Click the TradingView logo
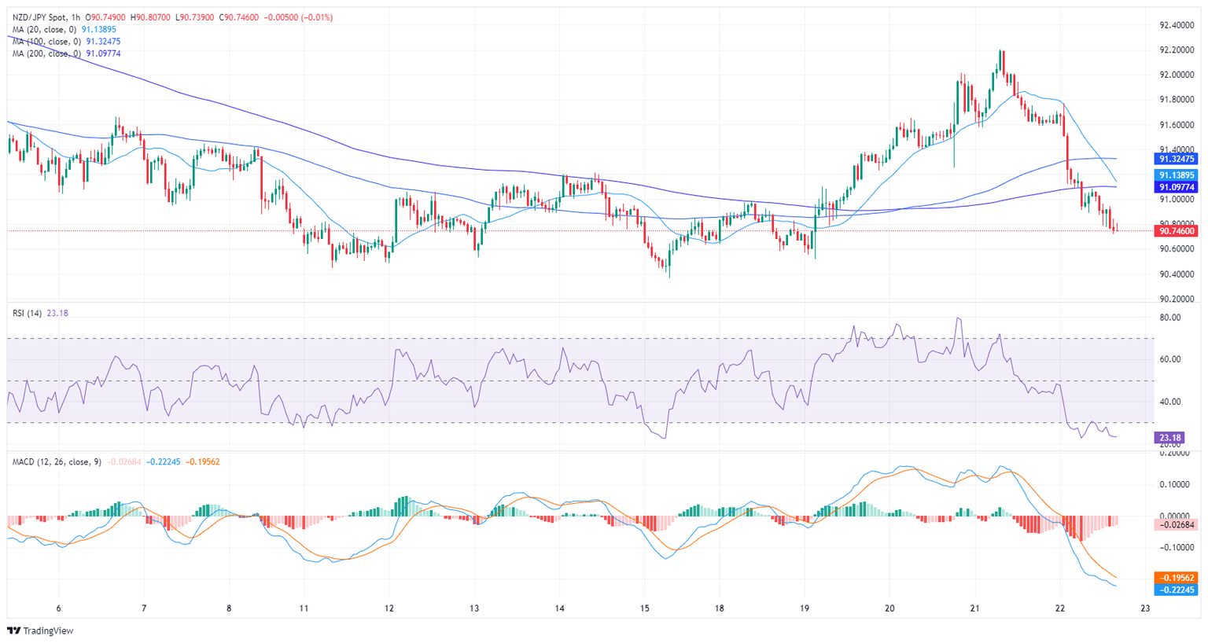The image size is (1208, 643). (x=40, y=630)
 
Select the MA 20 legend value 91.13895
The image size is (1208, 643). (x=99, y=30)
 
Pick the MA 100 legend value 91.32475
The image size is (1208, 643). (x=103, y=42)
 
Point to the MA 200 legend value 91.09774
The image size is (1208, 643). (x=103, y=53)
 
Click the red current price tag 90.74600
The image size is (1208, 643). (x=1177, y=231)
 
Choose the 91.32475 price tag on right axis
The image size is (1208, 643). (x=1177, y=159)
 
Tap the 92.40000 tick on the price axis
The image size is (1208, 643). (x=1177, y=25)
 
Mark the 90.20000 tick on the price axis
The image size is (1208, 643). (x=1177, y=299)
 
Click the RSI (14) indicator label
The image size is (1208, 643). (x=28, y=314)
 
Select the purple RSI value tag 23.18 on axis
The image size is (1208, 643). (x=1169, y=438)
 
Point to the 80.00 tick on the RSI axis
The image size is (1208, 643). (x=1170, y=318)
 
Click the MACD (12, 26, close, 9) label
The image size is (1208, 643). (x=57, y=462)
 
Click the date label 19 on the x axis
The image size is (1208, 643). (x=805, y=608)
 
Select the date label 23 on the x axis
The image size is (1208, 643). (x=1145, y=608)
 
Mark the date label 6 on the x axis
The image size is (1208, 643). (x=59, y=608)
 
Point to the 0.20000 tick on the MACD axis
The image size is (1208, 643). (x=1177, y=454)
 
